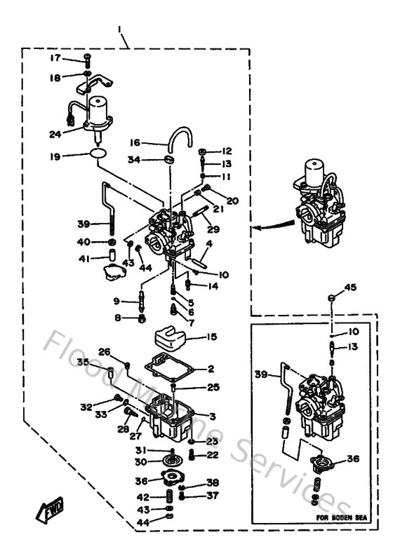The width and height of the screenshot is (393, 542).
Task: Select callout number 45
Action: point(351,287)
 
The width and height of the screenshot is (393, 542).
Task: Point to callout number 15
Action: point(211,337)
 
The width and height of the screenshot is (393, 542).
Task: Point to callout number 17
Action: point(55,58)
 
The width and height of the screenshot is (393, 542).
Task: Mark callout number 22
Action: point(211,455)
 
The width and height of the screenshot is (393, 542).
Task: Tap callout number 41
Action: point(84,259)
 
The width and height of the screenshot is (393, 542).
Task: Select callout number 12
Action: point(226,151)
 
